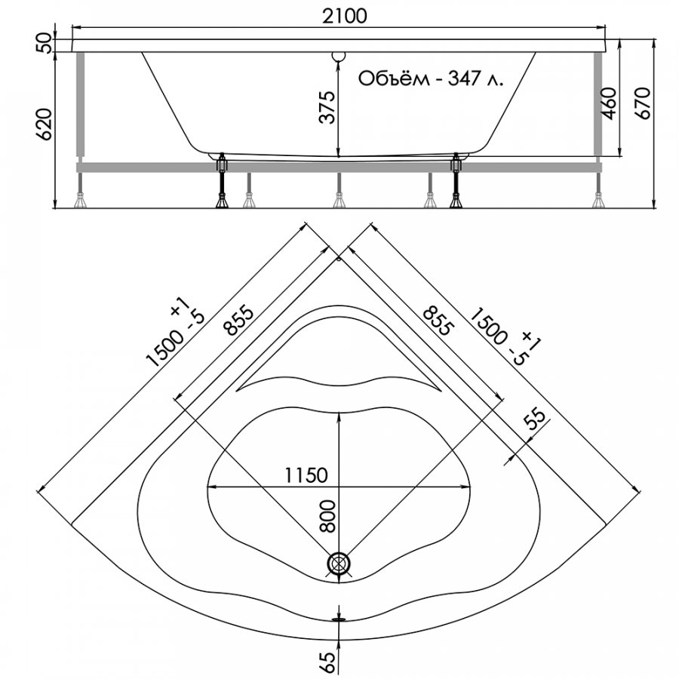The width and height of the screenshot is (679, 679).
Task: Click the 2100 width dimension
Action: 345,17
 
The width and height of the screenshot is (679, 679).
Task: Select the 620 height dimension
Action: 45,124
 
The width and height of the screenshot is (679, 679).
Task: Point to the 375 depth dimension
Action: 327,107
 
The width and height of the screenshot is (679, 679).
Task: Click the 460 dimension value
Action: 610,103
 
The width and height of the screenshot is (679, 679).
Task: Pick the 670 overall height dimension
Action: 643,103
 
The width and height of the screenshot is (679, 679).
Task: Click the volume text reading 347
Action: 463,78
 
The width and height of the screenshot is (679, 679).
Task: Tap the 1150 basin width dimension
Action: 306,475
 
